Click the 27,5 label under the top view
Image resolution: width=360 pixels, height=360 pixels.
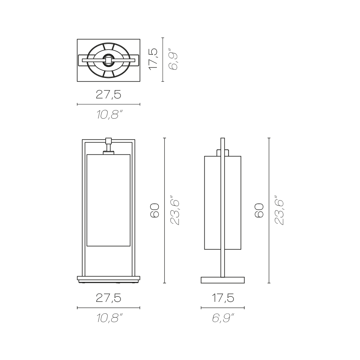click(108, 94)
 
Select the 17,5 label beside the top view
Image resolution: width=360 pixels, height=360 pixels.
click(153, 59)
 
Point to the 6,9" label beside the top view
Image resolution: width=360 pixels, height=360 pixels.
click(173, 59)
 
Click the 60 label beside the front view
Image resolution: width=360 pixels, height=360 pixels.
click(154, 210)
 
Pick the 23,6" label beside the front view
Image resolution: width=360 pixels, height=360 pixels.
click(175, 210)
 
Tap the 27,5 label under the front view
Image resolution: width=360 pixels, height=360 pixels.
click(108, 298)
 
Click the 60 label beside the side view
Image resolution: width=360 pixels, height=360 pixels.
click(259, 210)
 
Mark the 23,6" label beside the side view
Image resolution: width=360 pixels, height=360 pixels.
click(279, 210)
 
